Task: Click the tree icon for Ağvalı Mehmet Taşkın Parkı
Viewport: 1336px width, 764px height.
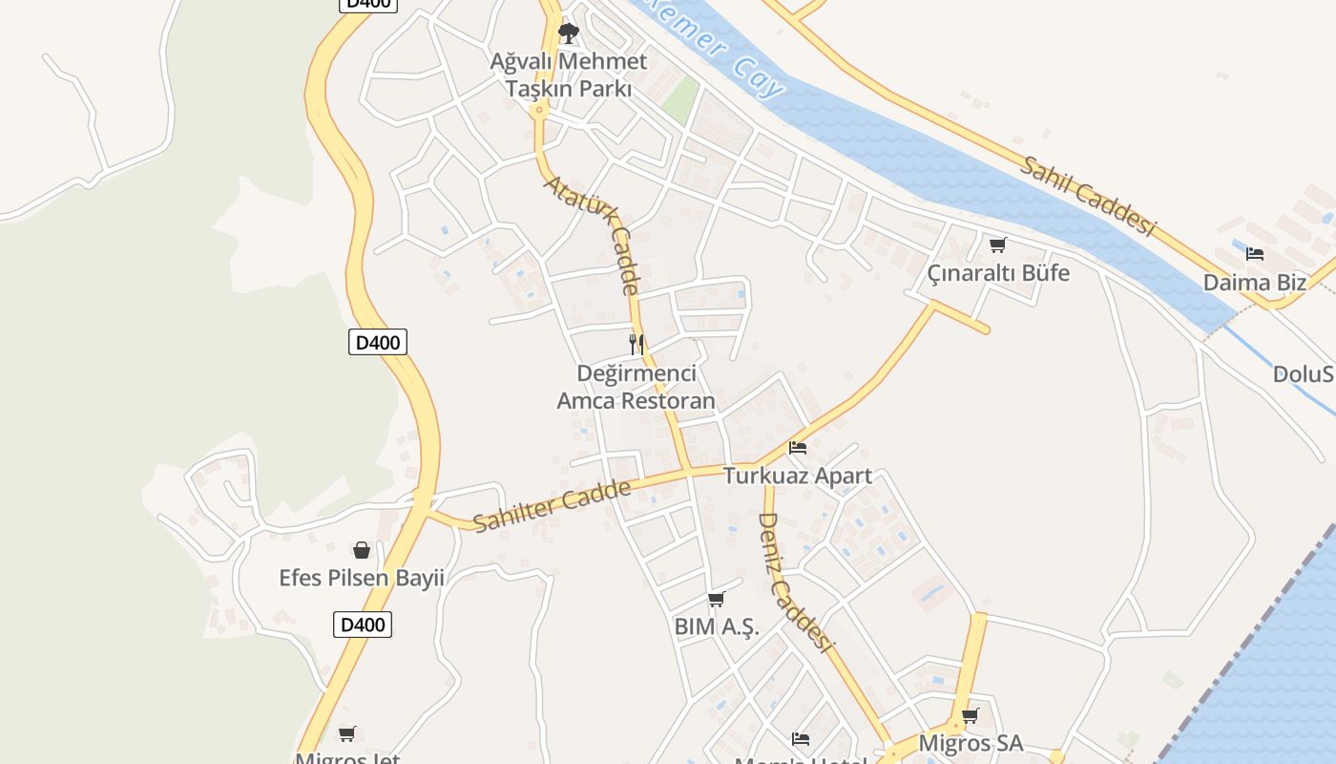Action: [569, 34]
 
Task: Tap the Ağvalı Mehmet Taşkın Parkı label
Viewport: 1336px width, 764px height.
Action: [569, 75]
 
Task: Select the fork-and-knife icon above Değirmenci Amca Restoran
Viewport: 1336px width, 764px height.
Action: [637, 345]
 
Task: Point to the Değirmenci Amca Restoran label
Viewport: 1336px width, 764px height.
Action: [637, 387]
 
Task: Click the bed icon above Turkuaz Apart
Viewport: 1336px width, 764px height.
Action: [798, 447]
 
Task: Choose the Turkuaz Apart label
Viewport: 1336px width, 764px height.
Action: [798, 476]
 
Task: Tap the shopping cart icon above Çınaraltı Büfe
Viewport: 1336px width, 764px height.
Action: [998, 244]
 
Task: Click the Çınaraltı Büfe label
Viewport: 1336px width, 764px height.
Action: [998, 273]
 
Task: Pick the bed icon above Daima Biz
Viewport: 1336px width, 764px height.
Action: [1255, 254]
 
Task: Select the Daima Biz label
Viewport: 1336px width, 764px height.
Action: [1255, 283]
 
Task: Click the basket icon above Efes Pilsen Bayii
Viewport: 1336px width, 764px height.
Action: [362, 550]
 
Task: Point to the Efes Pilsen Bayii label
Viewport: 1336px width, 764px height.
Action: [362, 579]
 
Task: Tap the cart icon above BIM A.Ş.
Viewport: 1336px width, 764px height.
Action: [717, 600]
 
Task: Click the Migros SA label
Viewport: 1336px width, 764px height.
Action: [971, 743]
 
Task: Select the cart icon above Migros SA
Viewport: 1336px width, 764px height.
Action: [971, 715]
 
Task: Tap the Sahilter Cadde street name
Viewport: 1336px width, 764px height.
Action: [553, 506]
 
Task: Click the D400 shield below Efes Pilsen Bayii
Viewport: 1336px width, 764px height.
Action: [363, 626]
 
